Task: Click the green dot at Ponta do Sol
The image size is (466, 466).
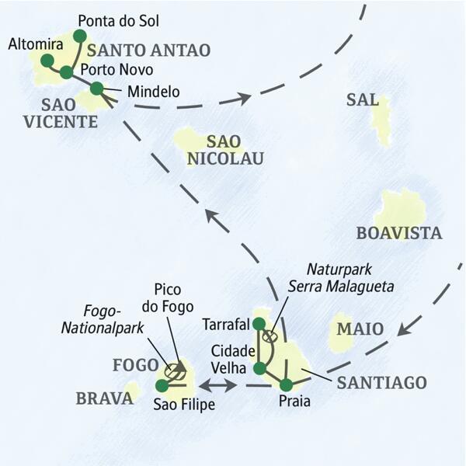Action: pyautogui.click(x=79, y=36)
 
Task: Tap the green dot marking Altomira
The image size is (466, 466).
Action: pyautogui.click(x=47, y=60)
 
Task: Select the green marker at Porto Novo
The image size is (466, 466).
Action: pyautogui.click(x=66, y=72)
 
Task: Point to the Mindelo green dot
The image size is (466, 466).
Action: pyautogui.click(x=96, y=89)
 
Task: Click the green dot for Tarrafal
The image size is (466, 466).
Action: pyautogui.click(x=259, y=324)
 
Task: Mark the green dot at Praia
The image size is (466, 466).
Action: pyautogui.click(x=287, y=384)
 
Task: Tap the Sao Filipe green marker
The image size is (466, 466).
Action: pyautogui.click(x=162, y=384)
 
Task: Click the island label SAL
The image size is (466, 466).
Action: pyautogui.click(x=363, y=100)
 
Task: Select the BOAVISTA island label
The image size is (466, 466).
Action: pyautogui.click(x=398, y=232)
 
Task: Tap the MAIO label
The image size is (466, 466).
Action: pyautogui.click(x=360, y=329)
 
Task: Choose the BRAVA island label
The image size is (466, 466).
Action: pyautogui.click(x=105, y=398)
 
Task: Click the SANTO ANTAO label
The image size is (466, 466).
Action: pyautogui.click(x=149, y=50)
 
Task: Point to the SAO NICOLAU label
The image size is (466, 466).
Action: pyautogui.click(x=224, y=151)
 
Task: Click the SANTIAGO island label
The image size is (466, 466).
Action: pyautogui.click(x=381, y=382)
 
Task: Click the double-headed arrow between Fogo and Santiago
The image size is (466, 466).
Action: pyautogui.click(x=218, y=384)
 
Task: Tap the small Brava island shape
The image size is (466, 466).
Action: pyautogui.click(x=133, y=390)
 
